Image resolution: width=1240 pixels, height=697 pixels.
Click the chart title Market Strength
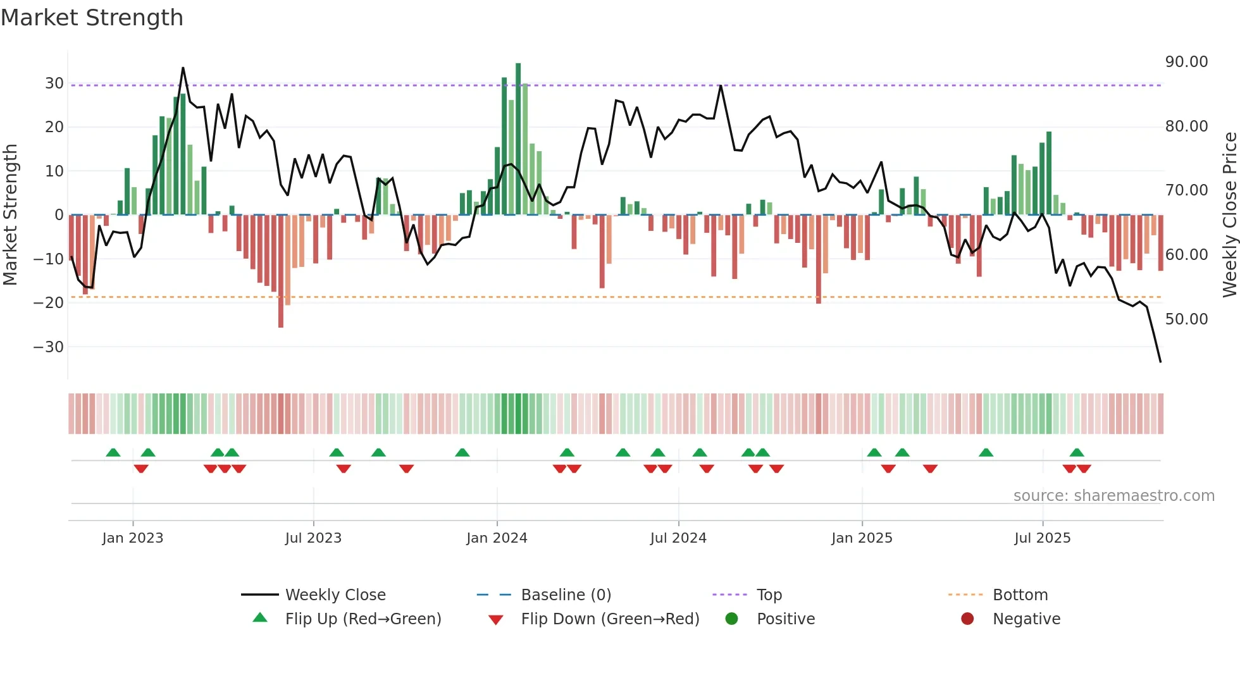[x=92, y=18]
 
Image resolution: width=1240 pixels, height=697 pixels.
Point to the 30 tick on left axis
[x=54, y=83]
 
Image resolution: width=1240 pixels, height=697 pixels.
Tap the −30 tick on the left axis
[x=49, y=347]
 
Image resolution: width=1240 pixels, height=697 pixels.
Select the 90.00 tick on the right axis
[x=1186, y=62]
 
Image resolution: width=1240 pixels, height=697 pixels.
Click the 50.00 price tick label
[x=1186, y=319]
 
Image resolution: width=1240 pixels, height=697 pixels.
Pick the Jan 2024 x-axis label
[x=497, y=538]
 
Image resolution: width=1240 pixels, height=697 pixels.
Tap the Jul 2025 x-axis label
[x=1042, y=538]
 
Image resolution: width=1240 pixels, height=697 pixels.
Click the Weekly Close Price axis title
[x=1229, y=214]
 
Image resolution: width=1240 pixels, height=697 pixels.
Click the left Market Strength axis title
[x=11, y=214]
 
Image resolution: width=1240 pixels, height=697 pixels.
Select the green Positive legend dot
[x=731, y=619]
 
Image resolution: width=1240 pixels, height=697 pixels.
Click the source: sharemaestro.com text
[x=1113, y=496]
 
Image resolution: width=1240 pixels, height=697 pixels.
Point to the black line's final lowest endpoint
[x=1160, y=362]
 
